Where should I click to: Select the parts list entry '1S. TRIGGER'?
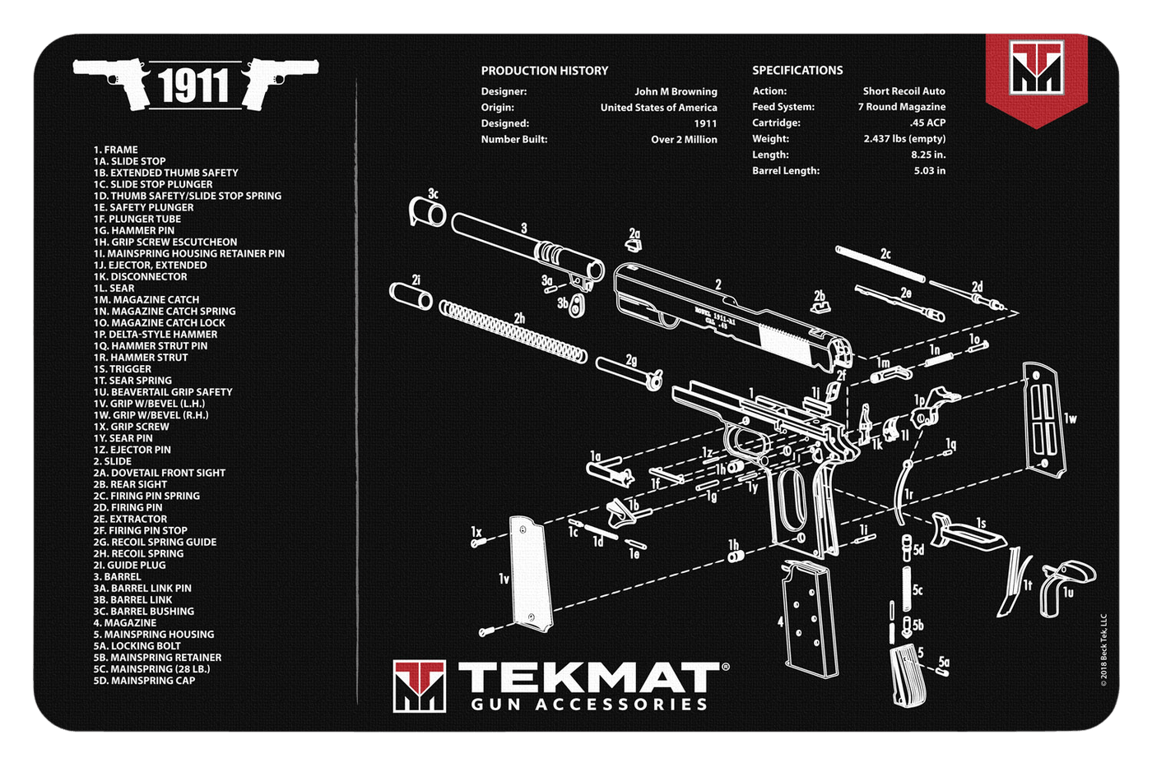click(123, 369)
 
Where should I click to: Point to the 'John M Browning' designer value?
click(676, 91)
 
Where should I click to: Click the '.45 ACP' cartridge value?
click(927, 122)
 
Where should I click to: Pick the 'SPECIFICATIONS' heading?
click(797, 71)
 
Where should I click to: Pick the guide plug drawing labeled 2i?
click(411, 295)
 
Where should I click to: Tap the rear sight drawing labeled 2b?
click(820, 307)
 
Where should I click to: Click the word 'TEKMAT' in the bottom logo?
click(588, 679)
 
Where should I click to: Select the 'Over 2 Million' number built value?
click(684, 140)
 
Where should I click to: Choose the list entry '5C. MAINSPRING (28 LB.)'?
click(151, 669)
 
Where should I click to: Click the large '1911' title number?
click(194, 85)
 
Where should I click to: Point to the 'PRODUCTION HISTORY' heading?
click(545, 71)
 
